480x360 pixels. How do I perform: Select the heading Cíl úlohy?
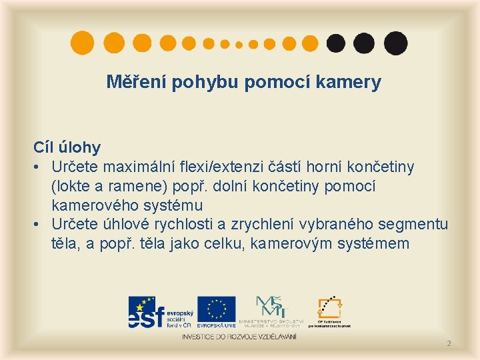(67, 147)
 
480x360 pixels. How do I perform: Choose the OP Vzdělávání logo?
(329, 311)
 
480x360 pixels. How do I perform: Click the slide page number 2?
(449, 343)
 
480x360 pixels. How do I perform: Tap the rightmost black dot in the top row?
(396, 43)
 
